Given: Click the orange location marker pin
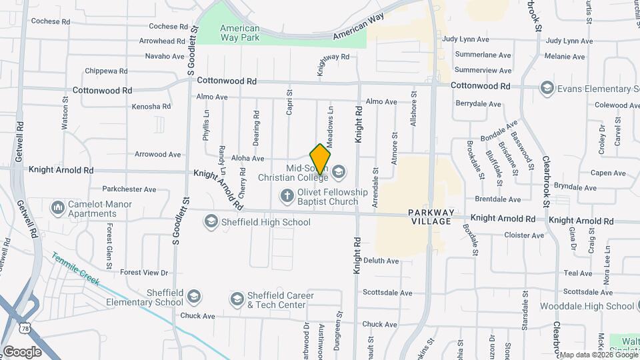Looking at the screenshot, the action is click(321, 159).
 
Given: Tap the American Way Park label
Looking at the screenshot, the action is click(240, 33).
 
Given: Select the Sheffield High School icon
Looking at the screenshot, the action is click(211, 221).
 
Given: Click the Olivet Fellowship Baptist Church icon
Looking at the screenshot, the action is click(287, 196).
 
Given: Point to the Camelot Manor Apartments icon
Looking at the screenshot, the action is click(58, 209).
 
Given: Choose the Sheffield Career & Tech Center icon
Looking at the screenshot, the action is click(237, 300).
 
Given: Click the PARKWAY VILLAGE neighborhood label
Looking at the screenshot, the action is click(432, 217).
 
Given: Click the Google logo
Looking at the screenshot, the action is click(22, 351).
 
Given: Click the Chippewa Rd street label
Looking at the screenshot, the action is click(106, 71).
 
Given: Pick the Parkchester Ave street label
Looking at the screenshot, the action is click(129, 189).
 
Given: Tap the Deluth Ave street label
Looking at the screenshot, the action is click(381, 261).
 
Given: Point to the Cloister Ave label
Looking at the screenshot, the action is click(524, 235).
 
